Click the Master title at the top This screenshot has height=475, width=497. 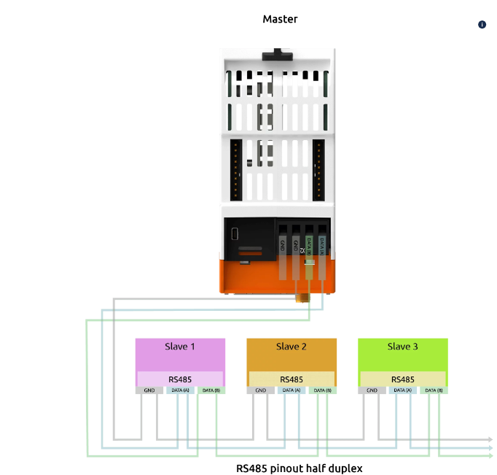click(x=280, y=19)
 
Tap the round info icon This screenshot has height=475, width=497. click(x=482, y=25)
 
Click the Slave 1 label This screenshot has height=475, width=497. click(x=180, y=347)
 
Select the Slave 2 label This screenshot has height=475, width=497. click(x=291, y=347)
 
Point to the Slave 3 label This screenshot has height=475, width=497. click(x=402, y=347)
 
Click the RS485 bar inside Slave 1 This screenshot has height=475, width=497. click(x=180, y=379)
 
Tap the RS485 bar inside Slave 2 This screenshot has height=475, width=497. click(x=291, y=379)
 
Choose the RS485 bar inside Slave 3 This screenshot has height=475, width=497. click(x=402, y=379)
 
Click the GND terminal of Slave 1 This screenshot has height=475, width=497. click(x=149, y=390)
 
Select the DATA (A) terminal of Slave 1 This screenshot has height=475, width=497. click(x=180, y=390)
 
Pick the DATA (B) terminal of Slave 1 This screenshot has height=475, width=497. click(x=211, y=390)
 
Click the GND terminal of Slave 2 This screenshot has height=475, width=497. click(x=260, y=390)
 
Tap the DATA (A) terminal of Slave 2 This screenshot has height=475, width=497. click(x=291, y=390)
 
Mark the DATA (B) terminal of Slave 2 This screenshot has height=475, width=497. click(x=322, y=390)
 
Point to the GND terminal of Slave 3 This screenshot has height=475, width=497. click(x=372, y=390)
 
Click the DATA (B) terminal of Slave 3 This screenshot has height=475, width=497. click(x=433, y=390)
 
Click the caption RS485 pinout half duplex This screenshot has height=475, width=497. click(x=299, y=468)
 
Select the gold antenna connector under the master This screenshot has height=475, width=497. click(x=300, y=296)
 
